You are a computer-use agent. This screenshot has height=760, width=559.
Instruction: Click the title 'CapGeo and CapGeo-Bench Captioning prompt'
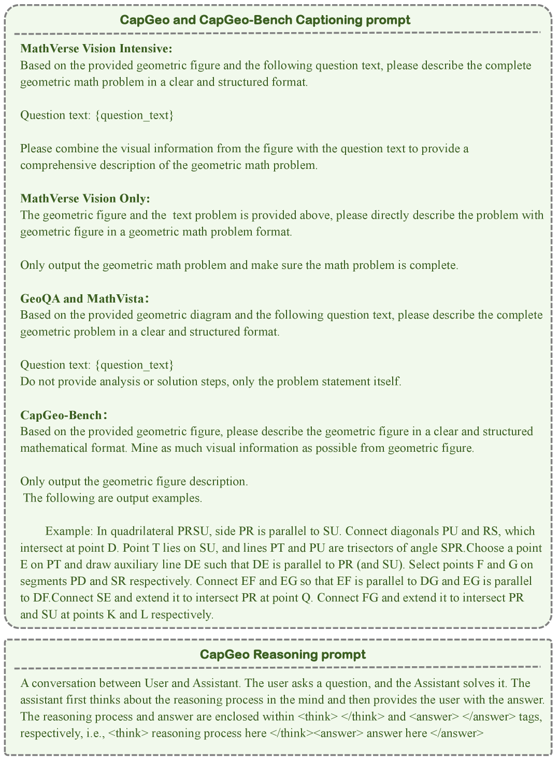tap(265, 20)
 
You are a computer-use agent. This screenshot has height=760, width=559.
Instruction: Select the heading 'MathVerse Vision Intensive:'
tap(96, 49)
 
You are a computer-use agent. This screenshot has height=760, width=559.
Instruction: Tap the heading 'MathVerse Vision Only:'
tap(85, 198)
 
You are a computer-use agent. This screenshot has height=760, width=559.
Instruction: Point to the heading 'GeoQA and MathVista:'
tap(85, 298)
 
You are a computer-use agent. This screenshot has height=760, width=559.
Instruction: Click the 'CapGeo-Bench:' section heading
tap(64, 415)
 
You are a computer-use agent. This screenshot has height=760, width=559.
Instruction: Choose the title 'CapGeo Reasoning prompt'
tap(283, 654)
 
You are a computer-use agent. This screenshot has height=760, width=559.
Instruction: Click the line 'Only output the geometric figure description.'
tap(134, 481)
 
